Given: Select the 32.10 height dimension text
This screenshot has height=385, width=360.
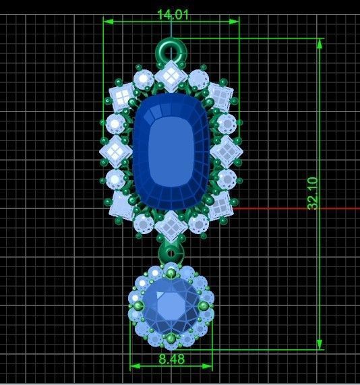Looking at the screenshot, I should click(x=313, y=194).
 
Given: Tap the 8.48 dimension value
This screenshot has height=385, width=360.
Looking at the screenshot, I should click(x=171, y=359).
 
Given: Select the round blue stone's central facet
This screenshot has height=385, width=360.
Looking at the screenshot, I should click(x=171, y=307).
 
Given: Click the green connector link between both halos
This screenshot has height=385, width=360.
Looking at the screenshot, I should click(x=171, y=254).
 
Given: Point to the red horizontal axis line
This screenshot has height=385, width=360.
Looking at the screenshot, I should click(x=297, y=208).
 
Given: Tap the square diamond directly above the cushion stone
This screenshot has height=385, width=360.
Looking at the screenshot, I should click(x=171, y=74).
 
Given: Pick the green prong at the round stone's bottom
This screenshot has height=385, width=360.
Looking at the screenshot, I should click(x=171, y=338).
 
